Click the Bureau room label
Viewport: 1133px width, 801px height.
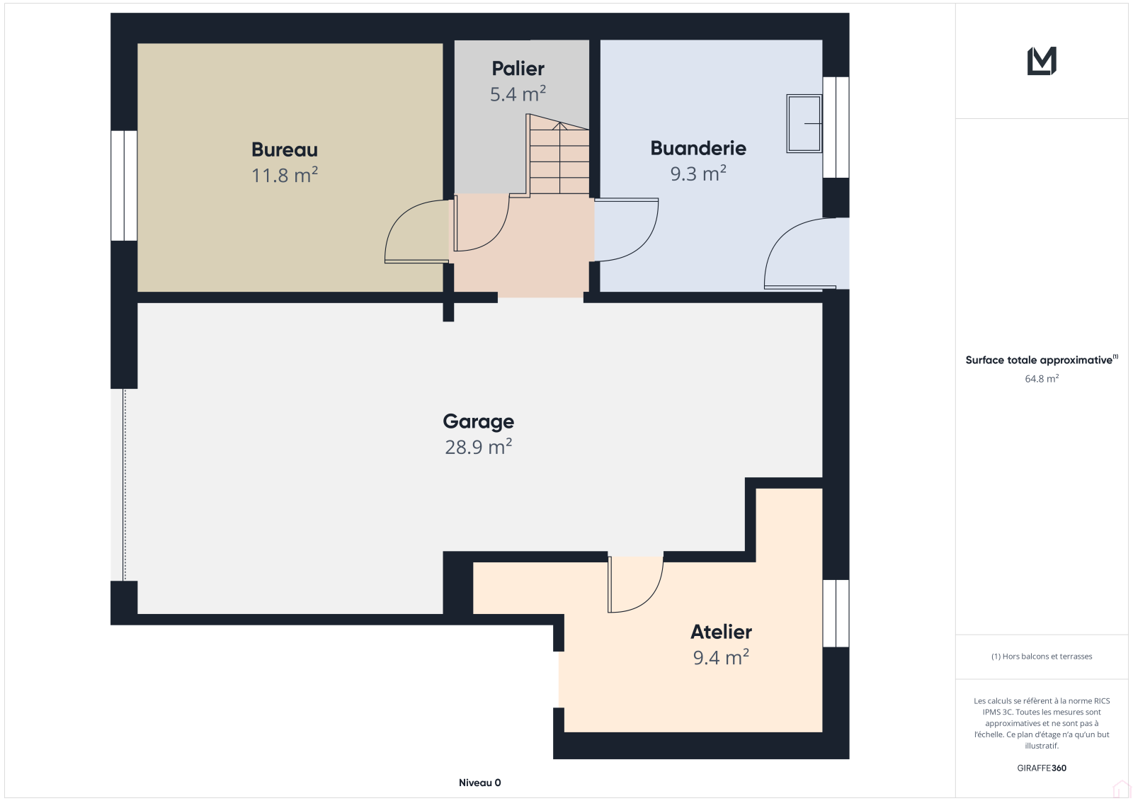285,149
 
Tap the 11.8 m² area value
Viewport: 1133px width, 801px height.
285,175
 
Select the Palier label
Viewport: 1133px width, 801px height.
518,68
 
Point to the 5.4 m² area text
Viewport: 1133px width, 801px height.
518,93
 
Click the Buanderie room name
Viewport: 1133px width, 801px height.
698,148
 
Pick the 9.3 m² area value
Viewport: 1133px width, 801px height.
698,174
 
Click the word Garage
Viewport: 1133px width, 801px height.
479,422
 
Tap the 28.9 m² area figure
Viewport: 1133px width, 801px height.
479,447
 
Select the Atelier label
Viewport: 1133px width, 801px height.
722,632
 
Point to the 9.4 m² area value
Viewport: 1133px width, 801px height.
722,657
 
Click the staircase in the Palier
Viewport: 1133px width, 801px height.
559,154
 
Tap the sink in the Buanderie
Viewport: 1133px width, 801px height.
804,123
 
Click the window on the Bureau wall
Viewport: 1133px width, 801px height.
124,186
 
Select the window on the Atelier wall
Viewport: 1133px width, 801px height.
836,613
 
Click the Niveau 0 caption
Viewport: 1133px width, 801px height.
479,783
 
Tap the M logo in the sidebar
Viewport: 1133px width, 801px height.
1042,61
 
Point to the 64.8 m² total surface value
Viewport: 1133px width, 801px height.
1042,378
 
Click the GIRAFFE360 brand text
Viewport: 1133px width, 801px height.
1042,768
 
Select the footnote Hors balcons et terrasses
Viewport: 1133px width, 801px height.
1042,657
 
